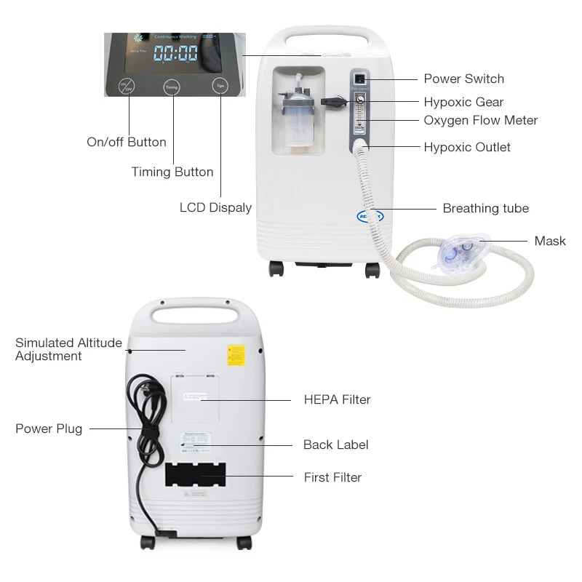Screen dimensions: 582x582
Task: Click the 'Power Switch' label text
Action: tap(463, 79)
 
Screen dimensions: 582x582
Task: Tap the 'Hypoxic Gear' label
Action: tap(463, 102)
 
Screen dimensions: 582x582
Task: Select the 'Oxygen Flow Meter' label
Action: tap(480, 120)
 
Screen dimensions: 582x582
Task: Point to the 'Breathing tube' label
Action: tap(485, 208)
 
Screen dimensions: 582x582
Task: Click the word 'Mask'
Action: tap(549, 241)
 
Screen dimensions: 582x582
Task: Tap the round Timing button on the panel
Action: tap(172, 87)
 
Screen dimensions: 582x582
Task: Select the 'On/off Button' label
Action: tap(127, 142)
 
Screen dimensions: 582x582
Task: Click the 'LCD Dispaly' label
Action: tap(215, 207)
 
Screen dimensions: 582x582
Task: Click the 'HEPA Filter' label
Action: tap(337, 399)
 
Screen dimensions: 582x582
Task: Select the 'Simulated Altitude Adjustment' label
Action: tap(68, 349)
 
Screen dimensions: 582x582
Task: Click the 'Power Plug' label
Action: tap(49, 428)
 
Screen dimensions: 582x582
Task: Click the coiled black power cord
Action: tap(140, 422)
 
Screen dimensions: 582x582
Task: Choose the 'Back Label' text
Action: tap(335, 445)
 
